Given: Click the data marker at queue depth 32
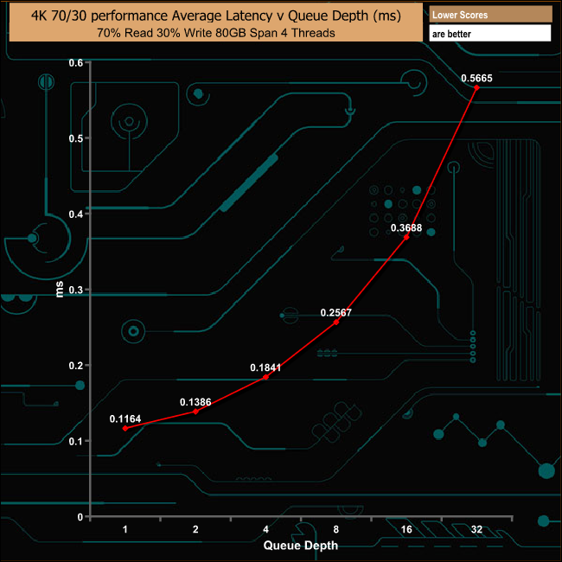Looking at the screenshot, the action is click(476, 87).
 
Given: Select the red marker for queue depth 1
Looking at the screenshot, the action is click(125, 428).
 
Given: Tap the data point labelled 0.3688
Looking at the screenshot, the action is click(406, 237).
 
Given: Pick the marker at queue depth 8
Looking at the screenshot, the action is click(335, 322).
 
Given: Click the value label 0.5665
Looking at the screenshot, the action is click(476, 78).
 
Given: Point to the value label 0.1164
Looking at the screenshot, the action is click(125, 418).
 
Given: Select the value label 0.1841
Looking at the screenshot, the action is click(265, 367).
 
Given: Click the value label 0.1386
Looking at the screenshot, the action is click(195, 402).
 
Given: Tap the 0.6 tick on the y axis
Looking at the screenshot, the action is click(75, 63).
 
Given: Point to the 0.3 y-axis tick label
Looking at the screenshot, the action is click(75, 290).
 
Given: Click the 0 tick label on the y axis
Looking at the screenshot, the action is click(80, 517).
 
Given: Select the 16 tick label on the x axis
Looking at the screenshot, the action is click(406, 529).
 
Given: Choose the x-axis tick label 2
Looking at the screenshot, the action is click(195, 529).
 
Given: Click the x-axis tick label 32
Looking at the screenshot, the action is click(476, 529).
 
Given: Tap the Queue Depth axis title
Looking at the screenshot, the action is click(301, 546).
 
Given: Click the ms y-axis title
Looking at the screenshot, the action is click(60, 289).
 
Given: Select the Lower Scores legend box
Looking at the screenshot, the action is click(490, 15).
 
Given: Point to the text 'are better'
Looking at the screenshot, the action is click(451, 34).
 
